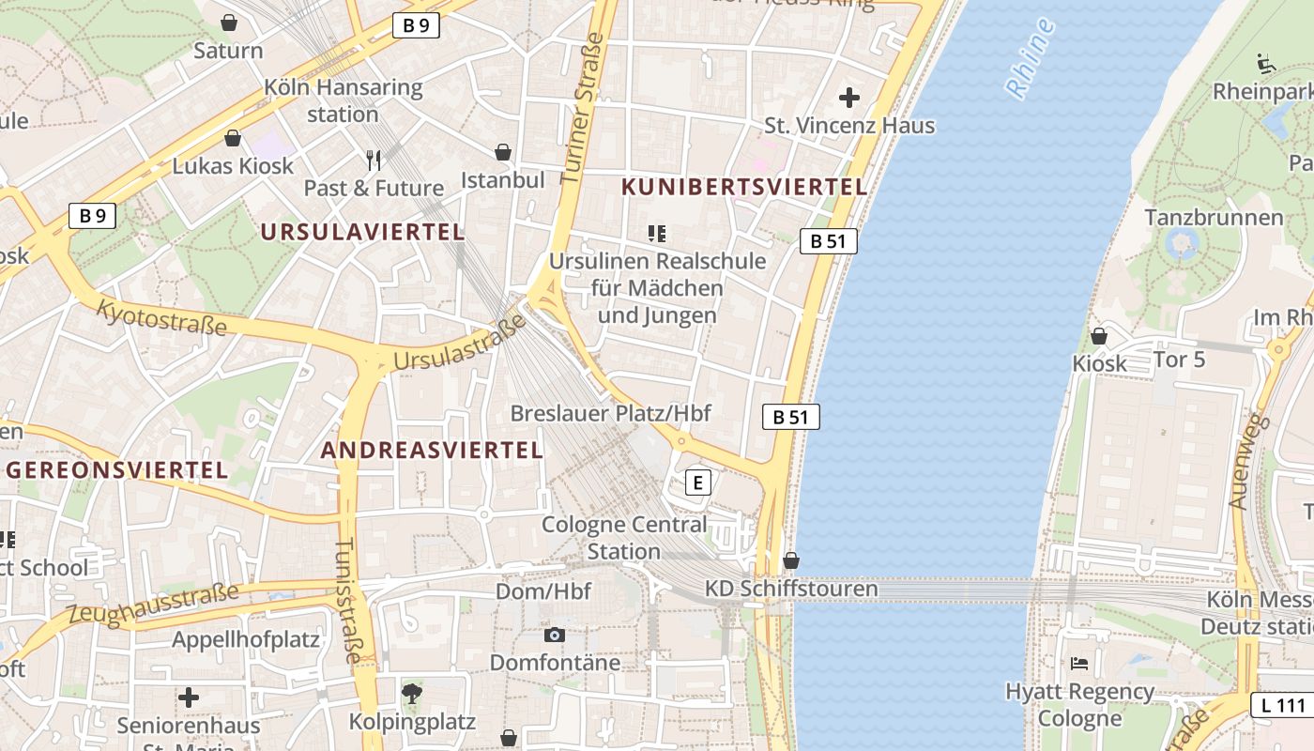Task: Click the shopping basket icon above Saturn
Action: (x=229, y=22)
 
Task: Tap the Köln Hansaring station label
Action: (x=343, y=101)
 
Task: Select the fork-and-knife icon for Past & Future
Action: (x=374, y=160)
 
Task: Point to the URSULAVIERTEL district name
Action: (x=362, y=232)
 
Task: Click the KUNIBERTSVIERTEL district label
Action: (x=744, y=187)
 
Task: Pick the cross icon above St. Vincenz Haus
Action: (x=849, y=97)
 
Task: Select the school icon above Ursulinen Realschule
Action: (x=657, y=233)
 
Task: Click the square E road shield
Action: (x=697, y=483)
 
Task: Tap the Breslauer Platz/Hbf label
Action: (x=610, y=413)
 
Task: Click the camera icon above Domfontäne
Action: (x=555, y=636)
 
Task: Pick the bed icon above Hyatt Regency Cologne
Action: (x=1079, y=664)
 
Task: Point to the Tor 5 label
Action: (x=1179, y=360)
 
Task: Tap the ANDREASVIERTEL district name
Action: (x=432, y=450)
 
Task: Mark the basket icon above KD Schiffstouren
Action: (x=791, y=560)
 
